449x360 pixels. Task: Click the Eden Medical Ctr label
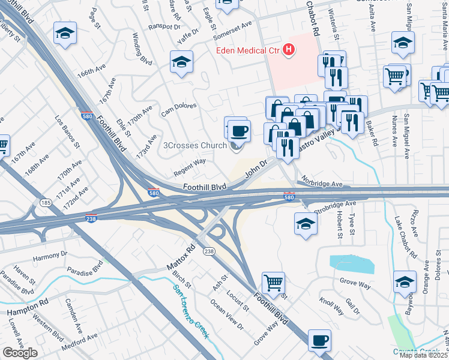[x=249, y=50]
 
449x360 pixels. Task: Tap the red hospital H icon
[x=289, y=50]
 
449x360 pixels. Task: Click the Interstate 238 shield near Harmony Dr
[x=91, y=218]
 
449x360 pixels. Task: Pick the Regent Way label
[x=190, y=166]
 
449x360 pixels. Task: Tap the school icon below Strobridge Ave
[x=306, y=224]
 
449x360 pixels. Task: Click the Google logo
[x=20, y=353]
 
